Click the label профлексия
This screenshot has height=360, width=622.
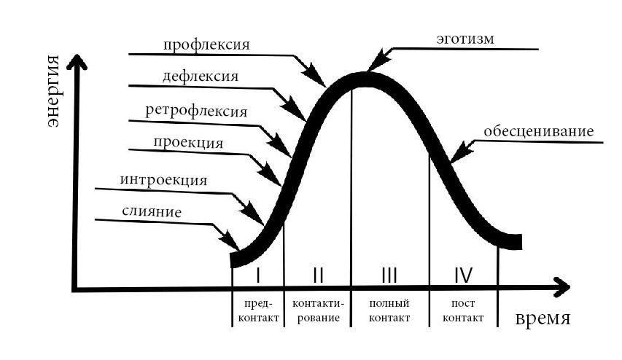(207, 44)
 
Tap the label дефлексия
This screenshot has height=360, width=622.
(201, 76)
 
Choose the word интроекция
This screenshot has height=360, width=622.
(163, 179)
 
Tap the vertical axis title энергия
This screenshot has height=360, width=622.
(53, 93)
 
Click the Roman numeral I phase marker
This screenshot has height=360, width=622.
(257, 275)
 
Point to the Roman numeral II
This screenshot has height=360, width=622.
(317, 275)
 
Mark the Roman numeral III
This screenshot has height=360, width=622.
(389, 275)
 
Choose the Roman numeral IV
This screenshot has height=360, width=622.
(463, 275)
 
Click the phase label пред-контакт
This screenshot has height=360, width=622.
(257, 310)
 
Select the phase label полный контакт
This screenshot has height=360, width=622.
(389, 310)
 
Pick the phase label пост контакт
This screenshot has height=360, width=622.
(463, 310)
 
